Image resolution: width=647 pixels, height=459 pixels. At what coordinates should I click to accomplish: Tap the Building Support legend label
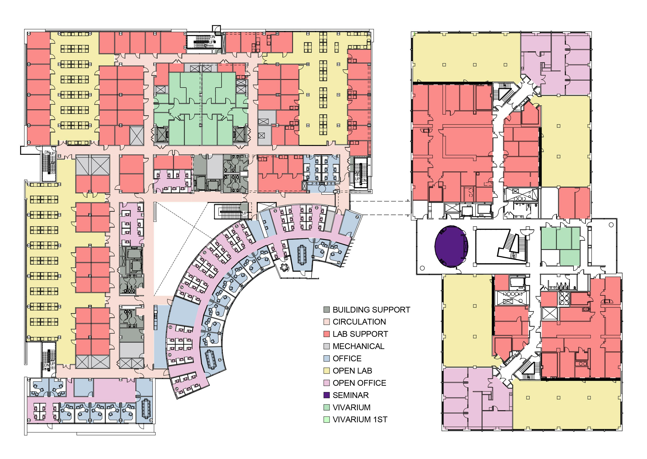[x=371, y=310]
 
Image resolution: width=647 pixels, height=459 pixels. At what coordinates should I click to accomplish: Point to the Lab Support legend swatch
[x=327, y=334]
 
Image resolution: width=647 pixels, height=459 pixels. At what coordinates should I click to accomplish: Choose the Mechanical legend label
[x=358, y=346]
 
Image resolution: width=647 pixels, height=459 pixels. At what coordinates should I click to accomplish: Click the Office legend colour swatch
[x=327, y=358]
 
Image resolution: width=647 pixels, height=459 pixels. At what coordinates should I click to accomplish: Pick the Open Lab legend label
[x=352, y=371]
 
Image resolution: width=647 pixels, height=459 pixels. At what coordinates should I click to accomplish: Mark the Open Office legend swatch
[x=327, y=383]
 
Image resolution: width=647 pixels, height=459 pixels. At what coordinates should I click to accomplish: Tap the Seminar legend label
[x=351, y=395]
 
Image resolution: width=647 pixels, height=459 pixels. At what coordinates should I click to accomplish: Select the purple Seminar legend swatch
[x=327, y=395]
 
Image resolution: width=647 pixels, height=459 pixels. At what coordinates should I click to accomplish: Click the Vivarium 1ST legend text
[x=360, y=419]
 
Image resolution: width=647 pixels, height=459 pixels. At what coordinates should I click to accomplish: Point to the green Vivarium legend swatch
[x=327, y=407]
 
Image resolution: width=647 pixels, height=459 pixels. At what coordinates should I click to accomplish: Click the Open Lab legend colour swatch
[x=327, y=371]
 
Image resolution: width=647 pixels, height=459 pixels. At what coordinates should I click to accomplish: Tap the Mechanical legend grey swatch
[x=327, y=346]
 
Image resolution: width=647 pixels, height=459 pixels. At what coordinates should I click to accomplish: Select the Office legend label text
[x=347, y=358]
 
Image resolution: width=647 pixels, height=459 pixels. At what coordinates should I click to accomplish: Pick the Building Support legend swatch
[x=327, y=310]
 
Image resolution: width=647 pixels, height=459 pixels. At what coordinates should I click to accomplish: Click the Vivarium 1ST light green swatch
[x=327, y=419]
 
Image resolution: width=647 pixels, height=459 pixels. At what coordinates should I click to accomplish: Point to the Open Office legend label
[x=359, y=383]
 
